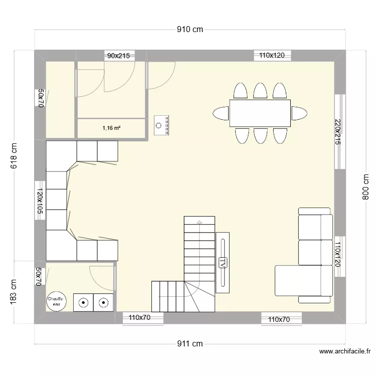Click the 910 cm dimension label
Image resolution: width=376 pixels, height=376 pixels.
coord(190,29)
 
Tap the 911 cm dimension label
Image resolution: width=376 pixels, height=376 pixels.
coord(190,343)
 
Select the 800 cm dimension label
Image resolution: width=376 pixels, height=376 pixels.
coord(365,187)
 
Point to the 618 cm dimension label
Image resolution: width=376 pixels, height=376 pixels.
coord(14,155)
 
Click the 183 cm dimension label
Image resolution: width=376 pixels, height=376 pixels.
coord(13,292)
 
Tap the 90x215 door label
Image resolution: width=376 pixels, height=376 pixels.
coord(118,56)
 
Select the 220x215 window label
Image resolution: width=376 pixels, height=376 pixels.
coord(337,132)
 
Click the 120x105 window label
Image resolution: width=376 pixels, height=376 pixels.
coord(40,201)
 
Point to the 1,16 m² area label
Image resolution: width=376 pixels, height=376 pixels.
coord(111,128)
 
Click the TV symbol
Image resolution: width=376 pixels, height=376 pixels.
coord(223,263)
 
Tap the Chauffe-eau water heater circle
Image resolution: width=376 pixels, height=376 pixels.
coord(56,301)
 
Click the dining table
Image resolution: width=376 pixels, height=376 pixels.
coord(260,113)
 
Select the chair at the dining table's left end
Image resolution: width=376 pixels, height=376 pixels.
coord(221,113)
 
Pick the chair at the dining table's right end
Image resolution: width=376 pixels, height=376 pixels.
coord(299,113)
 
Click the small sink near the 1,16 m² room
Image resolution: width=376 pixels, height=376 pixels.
coord(161,125)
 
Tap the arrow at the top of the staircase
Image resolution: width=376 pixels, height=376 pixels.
coord(199,222)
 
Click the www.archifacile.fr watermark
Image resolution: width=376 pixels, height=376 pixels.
coord(345,351)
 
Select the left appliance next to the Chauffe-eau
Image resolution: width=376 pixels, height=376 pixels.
coord(83,302)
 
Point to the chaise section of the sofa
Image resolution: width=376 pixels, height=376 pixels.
coord(304,281)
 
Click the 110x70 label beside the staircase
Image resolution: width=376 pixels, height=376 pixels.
coord(139,317)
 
